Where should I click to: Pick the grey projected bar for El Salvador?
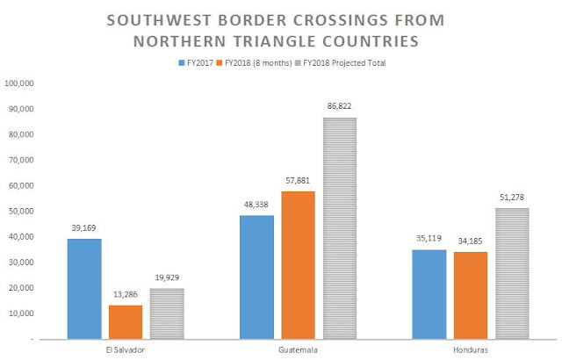(166, 313)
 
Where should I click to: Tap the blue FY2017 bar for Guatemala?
(257, 277)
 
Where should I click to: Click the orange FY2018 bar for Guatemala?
(298, 264)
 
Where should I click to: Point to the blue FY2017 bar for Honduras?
(429, 293)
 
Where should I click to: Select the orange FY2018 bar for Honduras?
(470, 295)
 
